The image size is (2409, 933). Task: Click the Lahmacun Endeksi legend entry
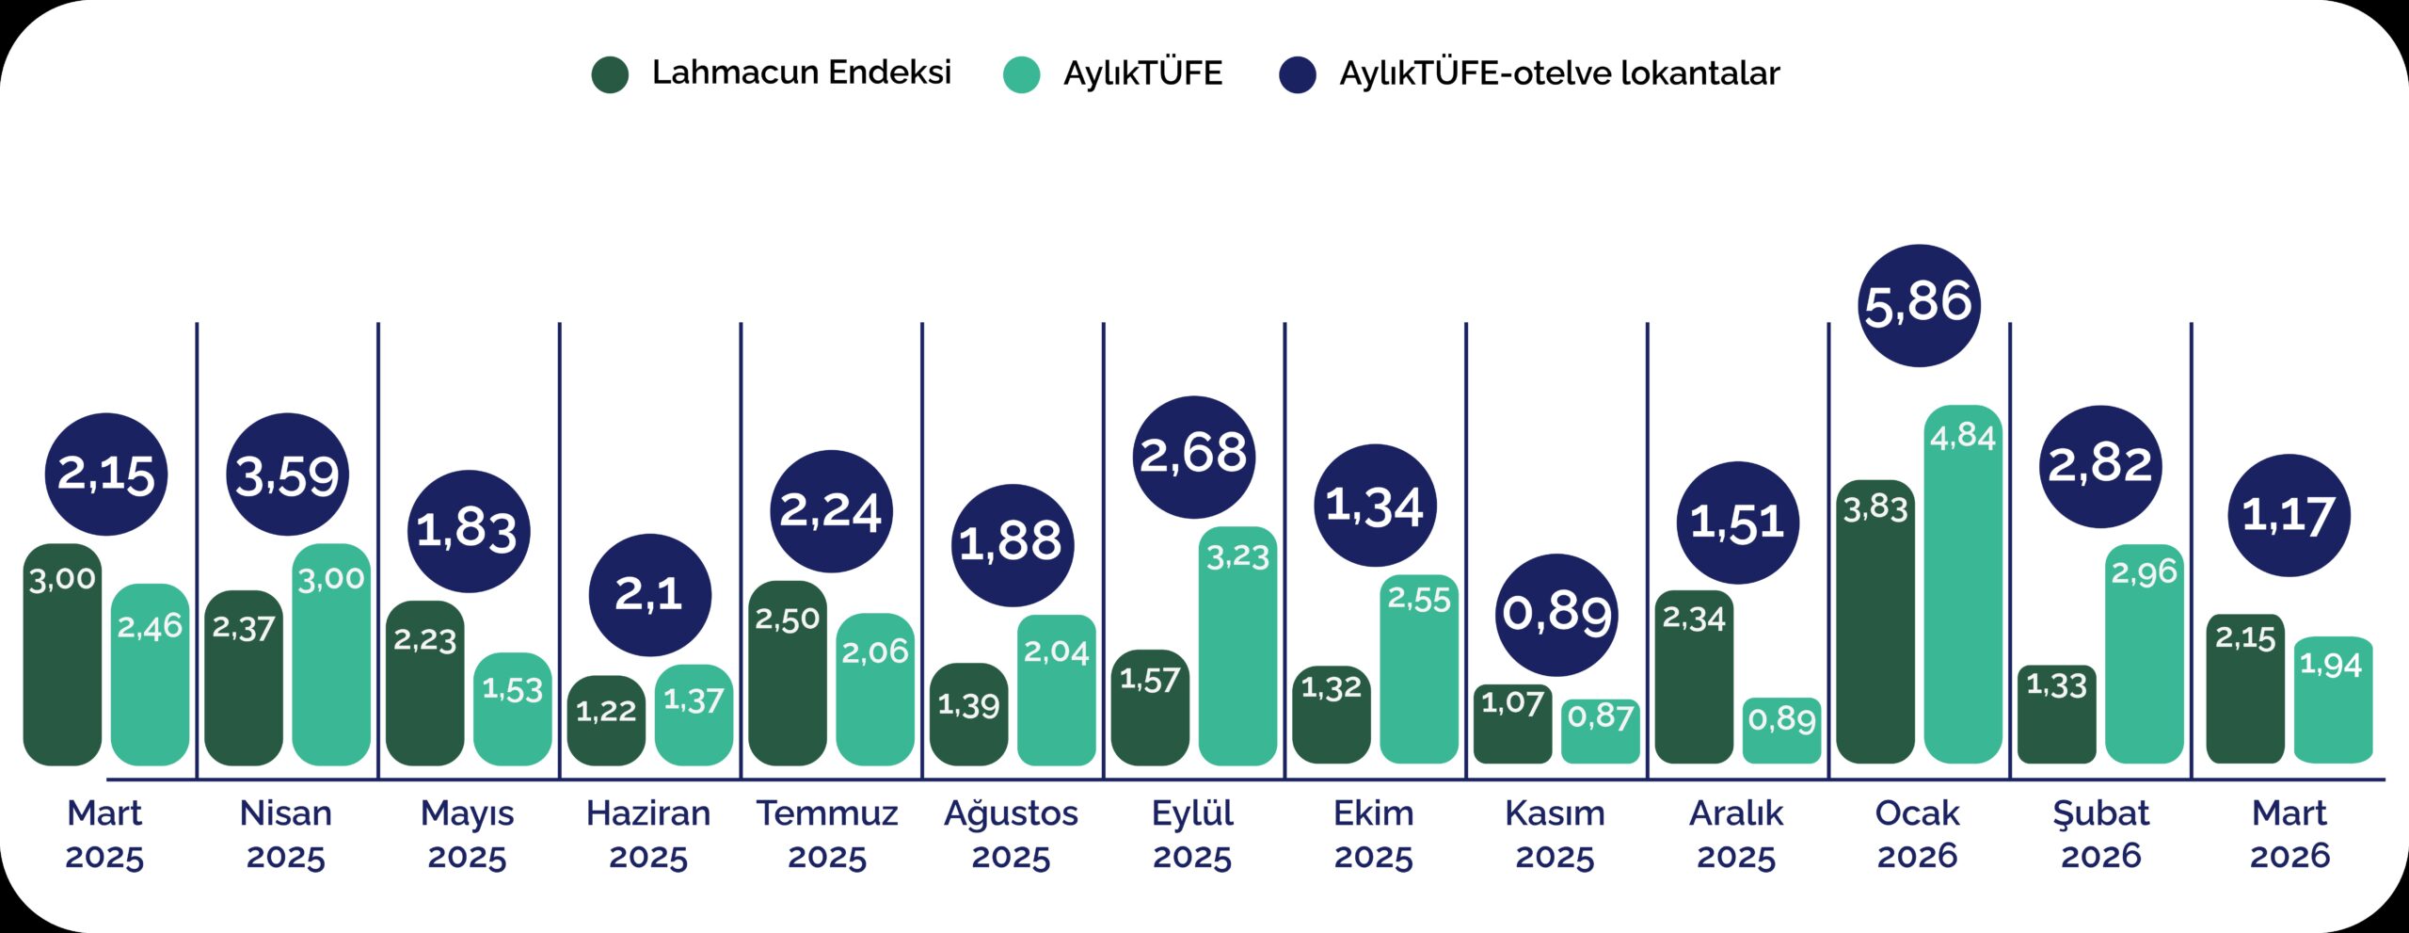[x=772, y=73]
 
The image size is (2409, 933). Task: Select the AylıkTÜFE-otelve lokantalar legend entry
[x=1530, y=73]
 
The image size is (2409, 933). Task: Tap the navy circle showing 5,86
[x=1919, y=305]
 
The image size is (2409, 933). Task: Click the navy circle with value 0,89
[x=1556, y=614]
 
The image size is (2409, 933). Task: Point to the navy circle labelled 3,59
[x=287, y=475]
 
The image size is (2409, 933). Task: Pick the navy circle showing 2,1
[x=649, y=595]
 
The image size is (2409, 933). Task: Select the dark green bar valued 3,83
[x=1875, y=621]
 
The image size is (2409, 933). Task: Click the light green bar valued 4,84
[x=1963, y=584]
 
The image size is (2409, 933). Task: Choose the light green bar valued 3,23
[x=1237, y=645]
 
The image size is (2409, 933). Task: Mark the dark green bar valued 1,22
[x=606, y=720]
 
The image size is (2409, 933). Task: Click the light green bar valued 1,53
[x=512, y=708]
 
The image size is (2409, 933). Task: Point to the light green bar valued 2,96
[x=2144, y=653]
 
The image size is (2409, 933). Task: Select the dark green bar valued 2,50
[x=788, y=672]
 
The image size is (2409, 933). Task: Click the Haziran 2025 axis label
[x=648, y=834]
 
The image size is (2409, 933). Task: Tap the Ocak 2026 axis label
[x=1917, y=834]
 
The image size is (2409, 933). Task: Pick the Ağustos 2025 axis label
[x=1011, y=834]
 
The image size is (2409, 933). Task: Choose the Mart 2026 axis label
[x=2289, y=834]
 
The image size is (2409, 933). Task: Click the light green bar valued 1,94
[x=2333, y=700]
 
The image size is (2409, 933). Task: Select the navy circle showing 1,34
[x=1375, y=506]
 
